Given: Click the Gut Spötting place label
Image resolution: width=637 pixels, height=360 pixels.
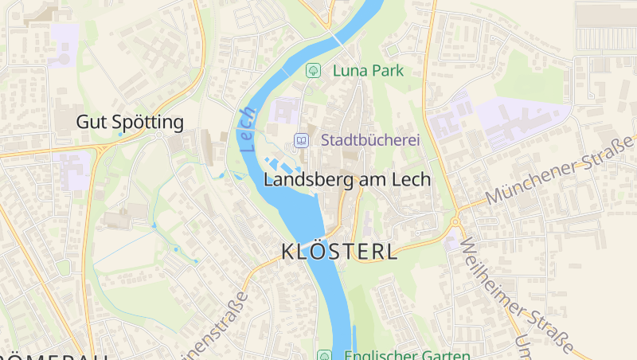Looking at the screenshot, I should click(130, 122).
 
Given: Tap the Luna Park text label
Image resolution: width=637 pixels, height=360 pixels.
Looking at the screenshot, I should click(368, 70).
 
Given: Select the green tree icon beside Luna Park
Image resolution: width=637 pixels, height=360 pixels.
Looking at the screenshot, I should click(314, 70).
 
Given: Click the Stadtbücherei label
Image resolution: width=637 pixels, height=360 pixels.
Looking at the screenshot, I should click(370, 139).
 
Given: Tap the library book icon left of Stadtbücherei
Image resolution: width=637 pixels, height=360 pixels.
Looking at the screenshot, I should click(301, 140).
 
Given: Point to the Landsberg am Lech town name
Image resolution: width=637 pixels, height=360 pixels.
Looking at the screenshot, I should click(346, 179).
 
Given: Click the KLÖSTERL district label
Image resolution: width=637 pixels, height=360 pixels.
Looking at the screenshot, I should click(340, 252).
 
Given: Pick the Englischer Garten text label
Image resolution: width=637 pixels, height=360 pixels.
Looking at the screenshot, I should click(407, 355).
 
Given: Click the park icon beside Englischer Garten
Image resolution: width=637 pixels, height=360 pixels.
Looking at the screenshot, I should click(324, 355).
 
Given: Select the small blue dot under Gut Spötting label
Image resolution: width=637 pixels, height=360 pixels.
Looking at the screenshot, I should click(120, 135).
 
